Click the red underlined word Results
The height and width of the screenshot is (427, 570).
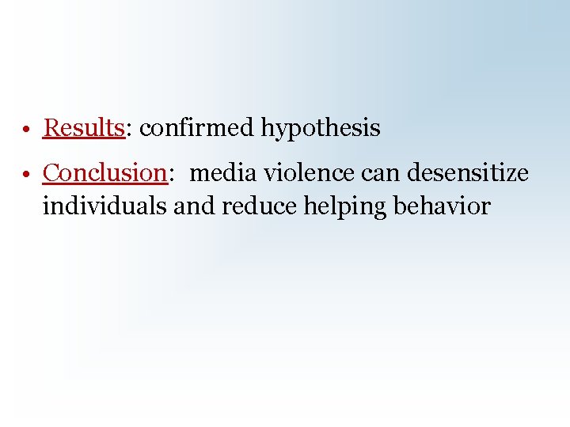pyautogui.click(x=84, y=128)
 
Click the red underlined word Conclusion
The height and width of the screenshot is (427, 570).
pyautogui.click(x=104, y=172)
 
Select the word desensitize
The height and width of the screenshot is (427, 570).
pyautogui.click(x=467, y=172)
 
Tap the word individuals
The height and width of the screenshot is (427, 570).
pyautogui.click(x=104, y=206)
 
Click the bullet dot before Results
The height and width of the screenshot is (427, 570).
pyautogui.click(x=27, y=130)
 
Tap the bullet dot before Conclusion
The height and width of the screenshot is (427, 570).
pyautogui.click(x=27, y=174)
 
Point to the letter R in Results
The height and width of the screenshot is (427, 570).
pyautogui.click(x=51, y=128)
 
